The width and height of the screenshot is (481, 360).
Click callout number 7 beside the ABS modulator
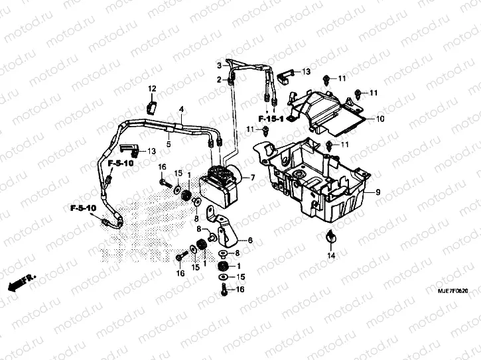click(x=253, y=178)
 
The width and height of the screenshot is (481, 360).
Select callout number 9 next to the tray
click(x=378, y=192)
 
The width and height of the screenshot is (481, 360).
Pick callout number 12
click(x=152, y=88)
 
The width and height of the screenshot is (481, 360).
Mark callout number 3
click(x=219, y=65)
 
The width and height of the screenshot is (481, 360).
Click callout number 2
click(x=219, y=80)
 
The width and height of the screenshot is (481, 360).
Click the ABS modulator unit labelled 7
click(x=222, y=182)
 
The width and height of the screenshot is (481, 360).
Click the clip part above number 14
click(x=330, y=237)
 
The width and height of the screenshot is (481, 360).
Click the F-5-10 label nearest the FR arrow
click(x=84, y=208)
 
